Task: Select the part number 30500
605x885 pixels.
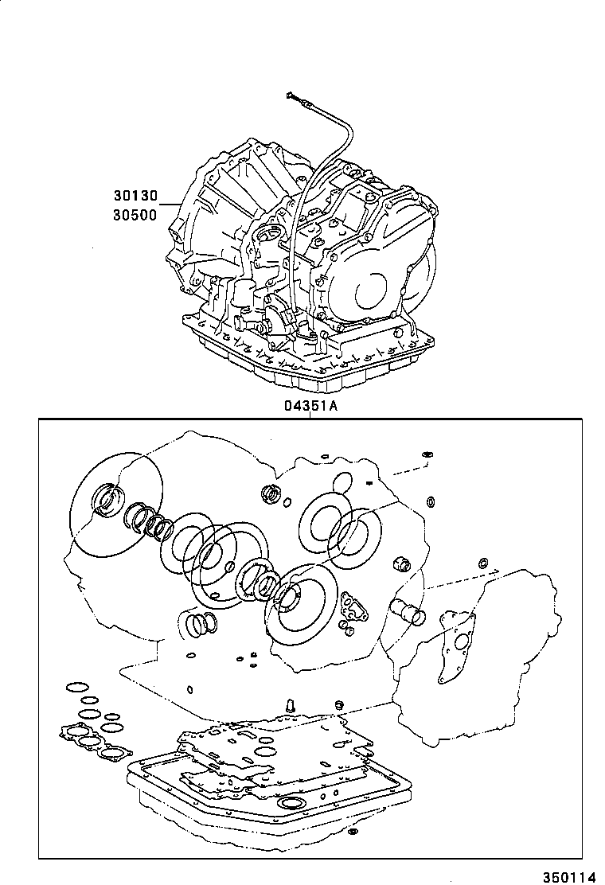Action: click(136, 214)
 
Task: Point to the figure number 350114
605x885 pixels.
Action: click(569, 875)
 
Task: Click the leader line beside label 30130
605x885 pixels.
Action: click(170, 205)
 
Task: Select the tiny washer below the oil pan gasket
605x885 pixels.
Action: click(353, 833)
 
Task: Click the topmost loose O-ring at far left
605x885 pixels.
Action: click(78, 687)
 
